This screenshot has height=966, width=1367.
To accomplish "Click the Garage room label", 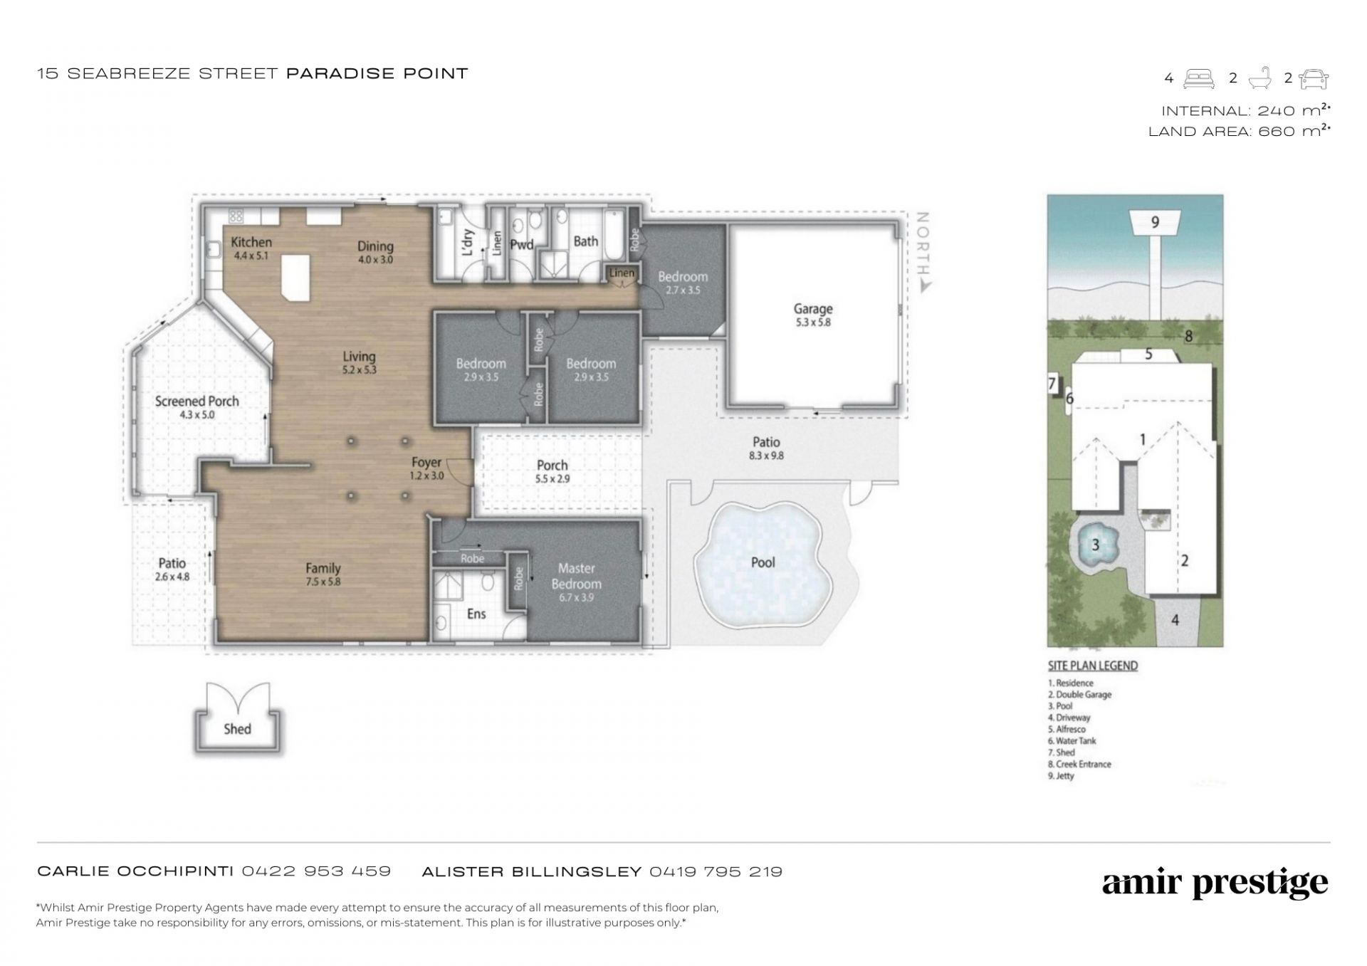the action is coord(813,309).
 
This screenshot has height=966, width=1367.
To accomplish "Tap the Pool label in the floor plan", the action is coord(763,562).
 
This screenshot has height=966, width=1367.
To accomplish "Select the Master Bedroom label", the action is coord(576,576).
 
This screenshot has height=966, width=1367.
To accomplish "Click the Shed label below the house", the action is coord(237,729).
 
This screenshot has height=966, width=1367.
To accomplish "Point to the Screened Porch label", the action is coord(197,401).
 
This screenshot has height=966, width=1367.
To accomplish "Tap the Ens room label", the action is coord(476,614).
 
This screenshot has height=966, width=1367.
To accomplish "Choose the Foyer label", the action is coord(426,463).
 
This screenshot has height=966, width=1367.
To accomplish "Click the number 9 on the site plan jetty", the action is coord(1155,222).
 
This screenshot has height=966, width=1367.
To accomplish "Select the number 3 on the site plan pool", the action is coord(1095,545).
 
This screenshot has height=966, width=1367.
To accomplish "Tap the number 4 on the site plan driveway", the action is coord(1175,620).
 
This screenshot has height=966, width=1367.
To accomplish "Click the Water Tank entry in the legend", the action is coord(1072,741).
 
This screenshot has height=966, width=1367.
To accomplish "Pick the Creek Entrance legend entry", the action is coord(1079,765).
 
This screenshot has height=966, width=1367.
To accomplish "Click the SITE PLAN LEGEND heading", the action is coord(1093,666).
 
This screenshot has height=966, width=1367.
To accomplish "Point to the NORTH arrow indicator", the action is coord(923,253).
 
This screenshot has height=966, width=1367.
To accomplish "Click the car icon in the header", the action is coord(1314,79).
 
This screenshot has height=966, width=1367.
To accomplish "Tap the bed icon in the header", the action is coord(1199,79).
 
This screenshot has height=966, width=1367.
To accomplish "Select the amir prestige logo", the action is coord(1215,884).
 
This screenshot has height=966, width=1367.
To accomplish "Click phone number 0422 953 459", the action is coord(316,871).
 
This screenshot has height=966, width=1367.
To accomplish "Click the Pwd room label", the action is coord(522,246).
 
